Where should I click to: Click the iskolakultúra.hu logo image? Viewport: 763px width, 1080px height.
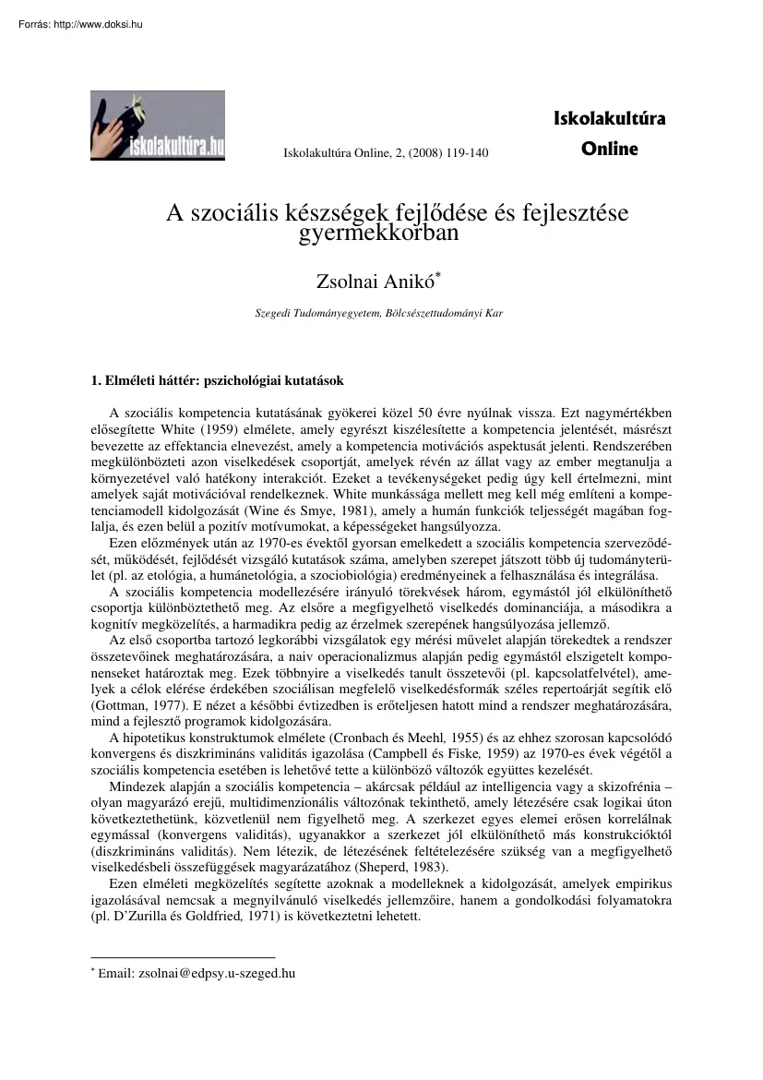[158, 125]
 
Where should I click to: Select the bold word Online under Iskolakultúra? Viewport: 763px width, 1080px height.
[609, 148]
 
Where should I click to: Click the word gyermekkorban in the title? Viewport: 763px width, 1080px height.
[379, 234]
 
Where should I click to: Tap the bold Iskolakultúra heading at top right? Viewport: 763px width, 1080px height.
[608, 118]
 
